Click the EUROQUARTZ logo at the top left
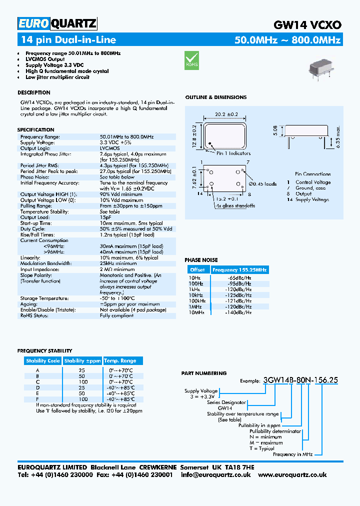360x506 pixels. coord(57,23)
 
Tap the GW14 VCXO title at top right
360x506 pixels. coord(307,24)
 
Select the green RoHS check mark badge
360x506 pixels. coord(192,59)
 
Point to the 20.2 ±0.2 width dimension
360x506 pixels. coord(226,114)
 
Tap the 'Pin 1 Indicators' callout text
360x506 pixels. coord(233,153)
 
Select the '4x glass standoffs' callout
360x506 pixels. coord(235,205)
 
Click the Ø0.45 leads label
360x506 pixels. coord(262,183)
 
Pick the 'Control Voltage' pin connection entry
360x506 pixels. coord(313,182)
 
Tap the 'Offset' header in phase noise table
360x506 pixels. coord(197,269)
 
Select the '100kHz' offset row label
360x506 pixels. coord(197,300)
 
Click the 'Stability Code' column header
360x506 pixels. coord(43,360)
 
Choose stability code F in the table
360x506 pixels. coord(37,399)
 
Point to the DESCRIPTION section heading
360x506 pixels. coord(34,92)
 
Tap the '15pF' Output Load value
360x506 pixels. coord(105,217)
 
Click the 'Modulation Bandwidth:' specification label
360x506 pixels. coord(45,263)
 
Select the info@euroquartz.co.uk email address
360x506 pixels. coord(216,474)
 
